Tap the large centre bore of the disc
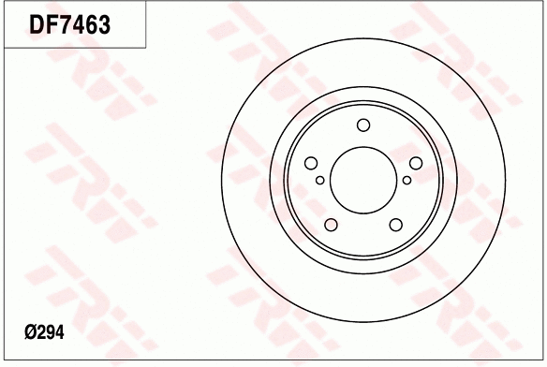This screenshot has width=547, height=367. point(363,180)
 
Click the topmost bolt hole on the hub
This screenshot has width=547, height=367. point(363,126)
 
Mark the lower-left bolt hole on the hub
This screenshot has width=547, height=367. point(332,224)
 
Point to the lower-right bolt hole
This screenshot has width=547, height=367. point(395,224)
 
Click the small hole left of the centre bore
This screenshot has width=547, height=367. point(320,180)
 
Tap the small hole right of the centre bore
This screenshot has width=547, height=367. point(407,180)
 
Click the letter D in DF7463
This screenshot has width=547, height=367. point(38,26)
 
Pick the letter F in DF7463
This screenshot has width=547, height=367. point(53,26)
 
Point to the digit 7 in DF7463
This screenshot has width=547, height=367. point(67,26)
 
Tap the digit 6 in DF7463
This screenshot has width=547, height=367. point(91,26)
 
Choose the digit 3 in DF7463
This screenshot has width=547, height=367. point(104,26)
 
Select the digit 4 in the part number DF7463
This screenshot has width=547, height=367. point(79,26)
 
